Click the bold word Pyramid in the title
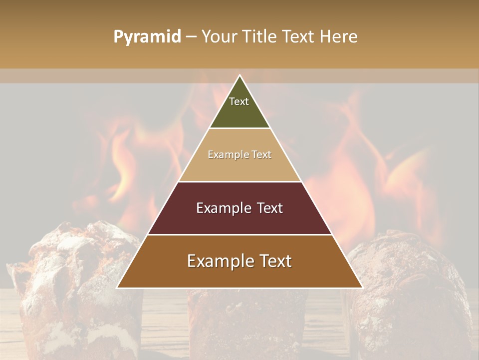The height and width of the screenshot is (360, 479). (x=147, y=37)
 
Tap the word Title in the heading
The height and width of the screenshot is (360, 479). (x=260, y=36)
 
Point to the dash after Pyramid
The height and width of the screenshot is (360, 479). (x=191, y=37)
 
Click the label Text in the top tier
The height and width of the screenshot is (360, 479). (x=239, y=101)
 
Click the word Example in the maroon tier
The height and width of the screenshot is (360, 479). (x=223, y=208)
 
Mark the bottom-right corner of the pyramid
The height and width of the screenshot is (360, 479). (x=362, y=287)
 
